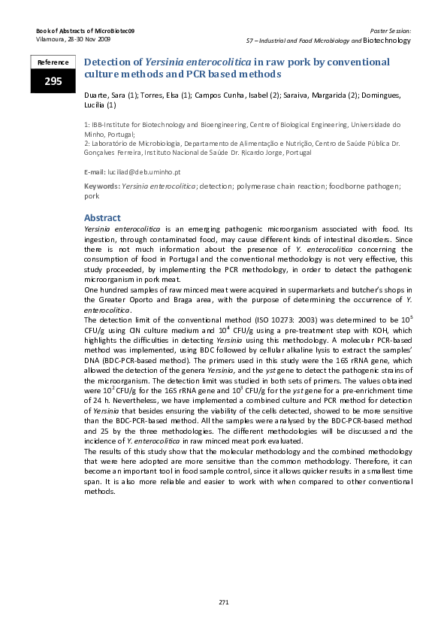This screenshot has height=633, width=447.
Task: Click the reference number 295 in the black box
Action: [x=53, y=81]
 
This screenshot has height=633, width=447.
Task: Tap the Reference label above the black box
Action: [x=53, y=62]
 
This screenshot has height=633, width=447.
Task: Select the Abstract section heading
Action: [x=102, y=218]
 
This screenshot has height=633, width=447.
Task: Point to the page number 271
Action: [x=223, y=602]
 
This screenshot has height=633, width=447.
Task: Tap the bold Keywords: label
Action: [x=101, y=186]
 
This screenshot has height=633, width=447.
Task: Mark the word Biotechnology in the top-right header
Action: [x=387, y=40]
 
